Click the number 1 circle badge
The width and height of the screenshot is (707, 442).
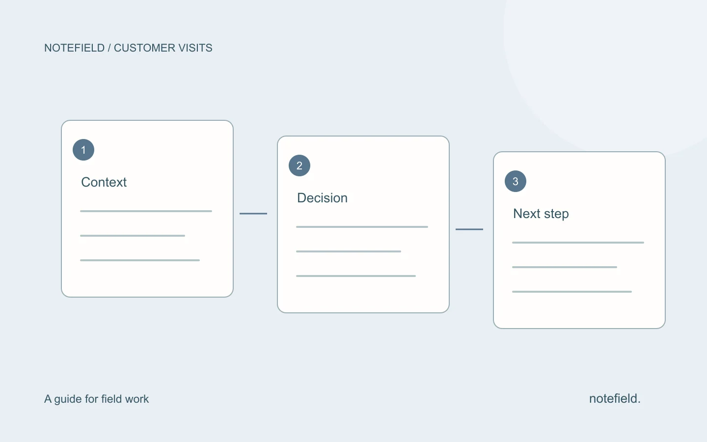pyautogui.click(x=83, y=150)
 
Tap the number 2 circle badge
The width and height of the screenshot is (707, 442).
pyautogui.click(x=299, y=166)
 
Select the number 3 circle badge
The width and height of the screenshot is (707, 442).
pyautogui.click(x=516, y=181)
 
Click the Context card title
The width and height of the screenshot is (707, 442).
pyautogui.click(x=104, y=182)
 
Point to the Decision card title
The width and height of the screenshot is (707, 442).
pyautogui.click(x=322, y=198)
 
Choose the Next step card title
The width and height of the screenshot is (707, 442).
pyautogui.click(x=541, y=214)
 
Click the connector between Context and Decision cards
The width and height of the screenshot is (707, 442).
pyautogui.click(x=253, y=214)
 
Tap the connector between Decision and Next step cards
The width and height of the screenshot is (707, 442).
pyautogui.click(x=469, y=229)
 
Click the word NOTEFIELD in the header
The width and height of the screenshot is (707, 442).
pyautogui.click(x=75, y=48)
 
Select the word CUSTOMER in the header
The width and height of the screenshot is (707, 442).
pyautogui.click(x=144, y=48)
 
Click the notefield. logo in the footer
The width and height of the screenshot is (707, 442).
pyautogui.click(x=615, y=398)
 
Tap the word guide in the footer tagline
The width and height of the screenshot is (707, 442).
pyautogui.click(x=69, y=399)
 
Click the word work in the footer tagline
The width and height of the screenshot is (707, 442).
pyautogui.click(x=136, y=399)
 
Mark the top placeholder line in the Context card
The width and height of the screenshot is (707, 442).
pyautogui.click(x=146, y=211)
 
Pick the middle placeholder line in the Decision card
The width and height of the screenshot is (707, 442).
pyautogui.click(x=349, y=251)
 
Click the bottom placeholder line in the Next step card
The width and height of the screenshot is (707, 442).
pyautogui.click(x=572, y=292)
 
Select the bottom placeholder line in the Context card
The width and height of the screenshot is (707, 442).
pyautogui.click(x=140, y=260)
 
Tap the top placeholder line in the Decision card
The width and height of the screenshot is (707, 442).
pyautogui.click(x=362, y=227)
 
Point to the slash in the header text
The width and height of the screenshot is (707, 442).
pyautogui.click(x=109, y=48)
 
